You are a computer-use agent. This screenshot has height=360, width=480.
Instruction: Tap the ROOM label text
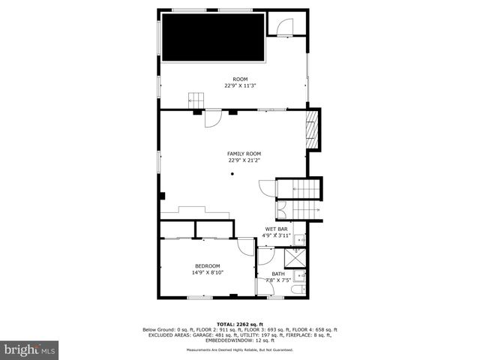(x=240, y=79)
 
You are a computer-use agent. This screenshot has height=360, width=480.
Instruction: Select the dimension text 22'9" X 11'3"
(x=240, y=85)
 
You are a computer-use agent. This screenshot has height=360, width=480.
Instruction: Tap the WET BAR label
(x=277, y=229)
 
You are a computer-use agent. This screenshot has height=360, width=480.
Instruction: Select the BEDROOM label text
(x=208, y=266)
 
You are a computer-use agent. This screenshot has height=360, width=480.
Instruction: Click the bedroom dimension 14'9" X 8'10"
(x=208, y=273)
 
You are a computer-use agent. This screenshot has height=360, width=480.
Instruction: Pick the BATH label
(x=278, y=274)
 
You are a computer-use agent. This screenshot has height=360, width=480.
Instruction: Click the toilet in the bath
(x=298, y=289)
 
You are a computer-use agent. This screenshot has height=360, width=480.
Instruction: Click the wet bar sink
(x=298, y=240)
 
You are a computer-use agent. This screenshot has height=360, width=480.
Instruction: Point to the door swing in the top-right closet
(x=285, y=28)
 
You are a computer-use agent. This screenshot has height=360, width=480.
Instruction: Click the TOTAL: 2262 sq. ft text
(x=240, y=324)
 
